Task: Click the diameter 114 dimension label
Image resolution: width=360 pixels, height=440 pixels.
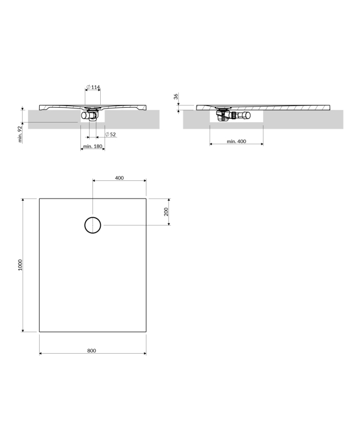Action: point(93,87)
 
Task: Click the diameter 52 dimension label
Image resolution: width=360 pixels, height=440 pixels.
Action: point(110,134)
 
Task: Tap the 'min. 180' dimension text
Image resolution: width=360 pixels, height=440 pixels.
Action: point(92,146)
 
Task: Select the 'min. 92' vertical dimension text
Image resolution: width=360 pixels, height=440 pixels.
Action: point(20,134)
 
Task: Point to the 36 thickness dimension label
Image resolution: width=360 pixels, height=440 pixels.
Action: point(176,97)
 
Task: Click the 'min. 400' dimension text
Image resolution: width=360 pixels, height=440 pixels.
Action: point(237,141)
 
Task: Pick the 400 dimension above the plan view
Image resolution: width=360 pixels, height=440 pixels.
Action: point(119,178)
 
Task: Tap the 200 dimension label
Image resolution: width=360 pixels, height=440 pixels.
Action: point(166,212)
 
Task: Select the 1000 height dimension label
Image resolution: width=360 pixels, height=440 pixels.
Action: point(20,265)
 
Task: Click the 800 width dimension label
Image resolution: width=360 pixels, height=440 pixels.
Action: point(91,350)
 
